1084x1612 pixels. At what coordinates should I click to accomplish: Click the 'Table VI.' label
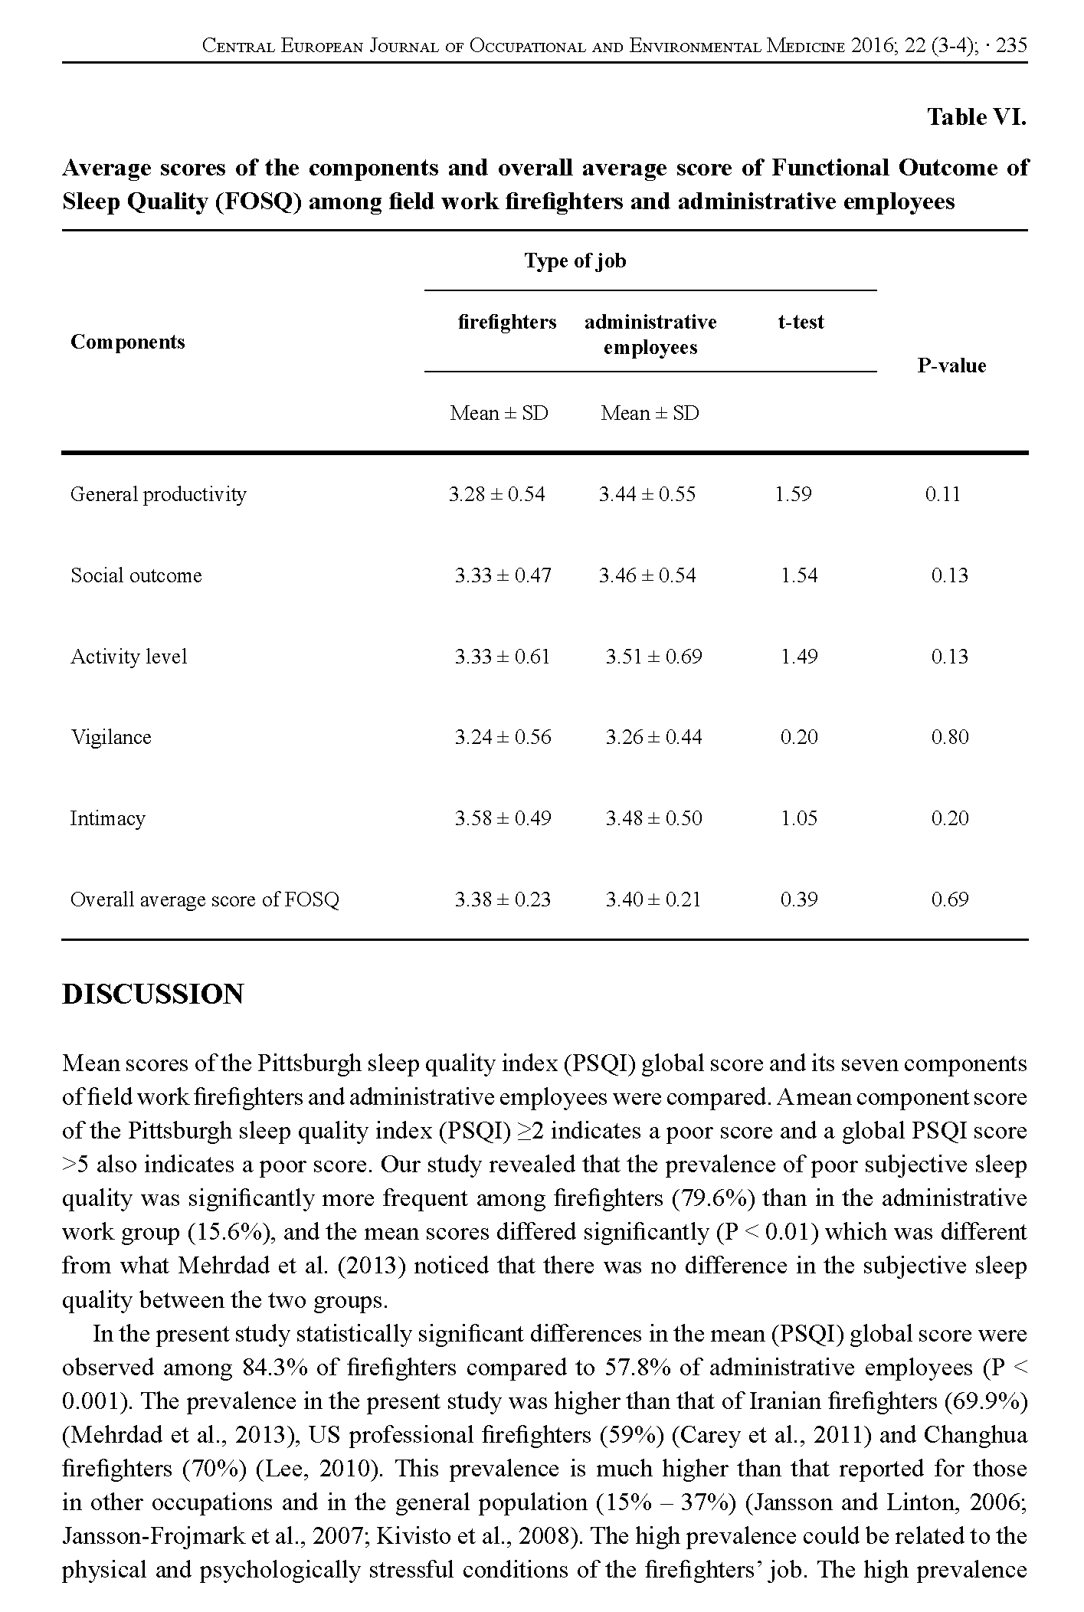(976, 117)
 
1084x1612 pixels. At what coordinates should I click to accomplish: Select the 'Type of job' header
(575, 261)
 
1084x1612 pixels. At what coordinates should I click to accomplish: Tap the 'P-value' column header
(951, 365)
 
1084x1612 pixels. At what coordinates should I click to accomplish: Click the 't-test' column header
(801, 322)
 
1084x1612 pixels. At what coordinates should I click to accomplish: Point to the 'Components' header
(128, 342)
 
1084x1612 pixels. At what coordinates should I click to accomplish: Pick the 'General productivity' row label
(159, 494)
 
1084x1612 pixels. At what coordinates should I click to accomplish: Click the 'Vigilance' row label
(111, 737)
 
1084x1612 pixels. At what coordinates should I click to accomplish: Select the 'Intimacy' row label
(107, 818)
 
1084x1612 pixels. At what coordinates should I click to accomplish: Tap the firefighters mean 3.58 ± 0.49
(503, 818)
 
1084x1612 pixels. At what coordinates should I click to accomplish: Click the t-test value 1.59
(793, 494)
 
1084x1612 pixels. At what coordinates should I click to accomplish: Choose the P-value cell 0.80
(950, 737)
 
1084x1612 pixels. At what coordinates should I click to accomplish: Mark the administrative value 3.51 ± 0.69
(653, 657)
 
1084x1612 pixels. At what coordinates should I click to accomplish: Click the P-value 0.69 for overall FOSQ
(950, 899)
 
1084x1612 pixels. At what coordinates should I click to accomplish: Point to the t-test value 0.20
(799, 737)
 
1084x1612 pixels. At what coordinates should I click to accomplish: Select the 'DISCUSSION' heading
(153, 994)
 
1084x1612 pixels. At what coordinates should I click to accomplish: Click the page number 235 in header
(1012, 46)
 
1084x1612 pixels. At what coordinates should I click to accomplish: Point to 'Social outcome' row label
(136, 575)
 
